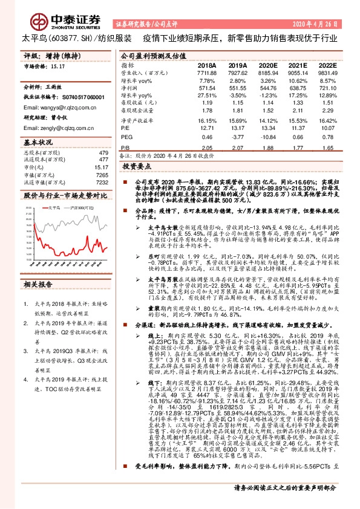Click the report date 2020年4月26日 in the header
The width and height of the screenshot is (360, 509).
click(316, 24)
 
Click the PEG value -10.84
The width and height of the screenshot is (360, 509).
click(268, 138)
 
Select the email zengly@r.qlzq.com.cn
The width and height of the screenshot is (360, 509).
click(51, 128)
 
